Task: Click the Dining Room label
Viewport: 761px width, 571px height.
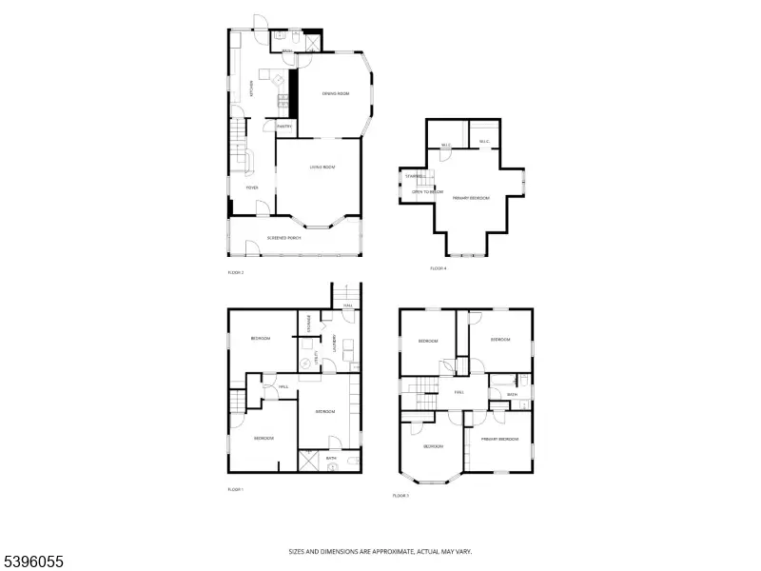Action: pos(336,92)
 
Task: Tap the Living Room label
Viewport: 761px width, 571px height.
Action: pos(322,167)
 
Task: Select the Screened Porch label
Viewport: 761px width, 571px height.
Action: pos(283,237)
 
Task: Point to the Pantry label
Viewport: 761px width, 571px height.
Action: pos(283,126)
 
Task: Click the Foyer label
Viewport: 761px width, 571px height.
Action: pos(252,187)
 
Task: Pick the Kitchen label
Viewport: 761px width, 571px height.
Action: pos(251,89)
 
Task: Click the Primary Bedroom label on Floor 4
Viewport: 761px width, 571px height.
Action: pos(471,198)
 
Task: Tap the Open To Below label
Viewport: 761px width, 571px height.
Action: pos(427,191)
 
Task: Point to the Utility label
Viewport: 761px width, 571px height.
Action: pos(316,359)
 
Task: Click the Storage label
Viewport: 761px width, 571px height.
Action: pos(309,324)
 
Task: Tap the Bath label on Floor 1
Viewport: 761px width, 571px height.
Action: pos(331,459)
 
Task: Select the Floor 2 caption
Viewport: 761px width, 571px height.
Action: pos(236,273)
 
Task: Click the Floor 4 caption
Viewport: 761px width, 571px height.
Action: pos(438,268)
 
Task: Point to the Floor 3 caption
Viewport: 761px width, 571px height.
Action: pos(400,496)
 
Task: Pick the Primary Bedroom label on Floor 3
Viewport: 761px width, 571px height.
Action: pos(499,439)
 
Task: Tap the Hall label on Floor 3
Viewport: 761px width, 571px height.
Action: pos(459,391)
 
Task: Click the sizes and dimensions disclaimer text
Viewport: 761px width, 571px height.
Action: pos(380,551)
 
